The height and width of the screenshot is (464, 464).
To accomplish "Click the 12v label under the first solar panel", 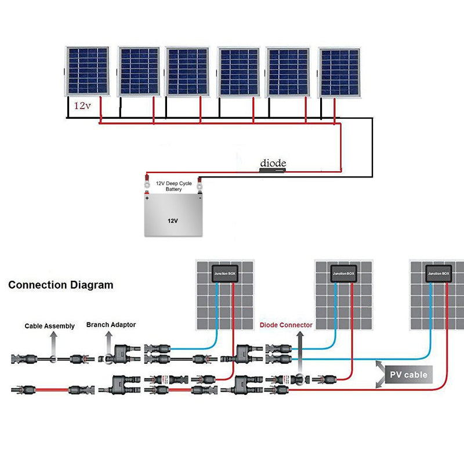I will pyautogui.click(x=82, y=107).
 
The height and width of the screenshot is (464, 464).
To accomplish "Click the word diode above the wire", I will pyautogui.click(x=273, y=162).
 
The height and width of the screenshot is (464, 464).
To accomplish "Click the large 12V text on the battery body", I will pyautogui.click(x=172, y=221).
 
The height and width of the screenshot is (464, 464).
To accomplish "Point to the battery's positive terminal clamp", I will pyautogui.click(x=147, y=186).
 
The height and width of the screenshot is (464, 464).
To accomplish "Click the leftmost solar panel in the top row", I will pyautogui.click(x=86, y=70).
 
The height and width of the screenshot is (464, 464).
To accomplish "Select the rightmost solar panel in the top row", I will pyautogui.click(x=339, y=72).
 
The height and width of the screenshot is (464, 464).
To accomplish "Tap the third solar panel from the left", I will pyautogui.click(x=187, y=71).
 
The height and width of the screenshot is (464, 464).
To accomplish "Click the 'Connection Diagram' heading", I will pyautogui.click(x=61, y=285).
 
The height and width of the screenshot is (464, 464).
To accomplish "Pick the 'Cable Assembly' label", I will pyautogui.click(x=50, y=326).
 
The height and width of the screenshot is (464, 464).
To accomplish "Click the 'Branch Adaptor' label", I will pyautogui.click(x=111, y=325).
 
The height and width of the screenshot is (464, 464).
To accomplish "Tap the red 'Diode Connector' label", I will pyautogui.click(x=286, y=325).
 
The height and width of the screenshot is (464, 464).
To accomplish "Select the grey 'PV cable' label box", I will pyautogui.click(x=408, y=375).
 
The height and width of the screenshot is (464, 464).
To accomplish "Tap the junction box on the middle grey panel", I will pyautogui.click(x=343, y=273).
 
